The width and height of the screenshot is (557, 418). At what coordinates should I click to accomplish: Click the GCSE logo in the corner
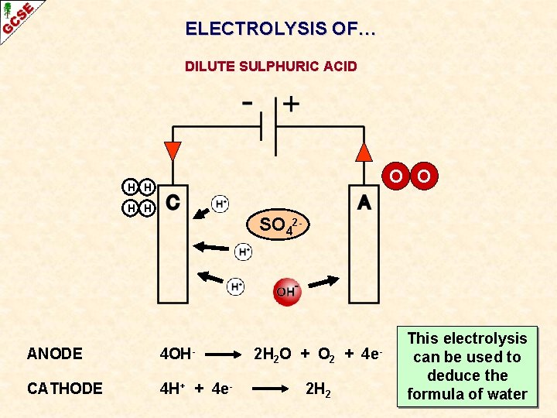click(x=17, y=17)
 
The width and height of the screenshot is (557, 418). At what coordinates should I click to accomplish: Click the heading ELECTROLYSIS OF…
click(x=280, y=29)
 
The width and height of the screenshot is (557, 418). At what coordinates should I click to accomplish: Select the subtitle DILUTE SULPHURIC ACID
click(x=271, y=67)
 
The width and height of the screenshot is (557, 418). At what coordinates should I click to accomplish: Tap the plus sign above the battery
click(x=291, y=104)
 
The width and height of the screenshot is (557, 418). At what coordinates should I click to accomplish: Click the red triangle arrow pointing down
click(x=173, y=151)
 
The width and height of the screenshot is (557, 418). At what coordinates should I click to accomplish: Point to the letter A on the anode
click(x=364, y=202)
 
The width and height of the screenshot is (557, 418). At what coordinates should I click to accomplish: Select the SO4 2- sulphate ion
click(x=279, y=225)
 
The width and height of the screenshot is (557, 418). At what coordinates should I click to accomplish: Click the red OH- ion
click(x=287, y=291)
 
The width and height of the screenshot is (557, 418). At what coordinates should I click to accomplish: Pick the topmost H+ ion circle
click(x=220, y=204)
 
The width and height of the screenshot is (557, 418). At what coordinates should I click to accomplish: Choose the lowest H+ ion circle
click(x=236, y=286)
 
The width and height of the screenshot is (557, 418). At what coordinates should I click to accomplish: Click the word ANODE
click(x=54, y=354)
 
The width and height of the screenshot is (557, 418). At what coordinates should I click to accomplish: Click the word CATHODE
click(x=64, y=388)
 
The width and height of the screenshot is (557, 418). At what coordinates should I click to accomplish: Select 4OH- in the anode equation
click(x=175, y=354)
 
